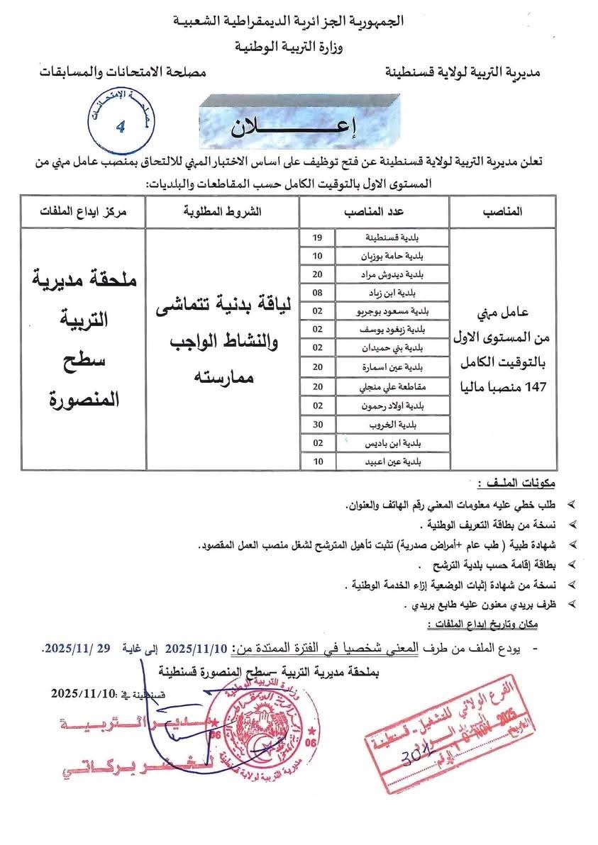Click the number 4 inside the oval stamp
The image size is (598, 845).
[x=120, y=127]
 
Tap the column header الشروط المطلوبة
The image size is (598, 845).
[x=222, y=212]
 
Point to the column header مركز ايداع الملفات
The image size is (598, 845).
[x=82, y=212]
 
